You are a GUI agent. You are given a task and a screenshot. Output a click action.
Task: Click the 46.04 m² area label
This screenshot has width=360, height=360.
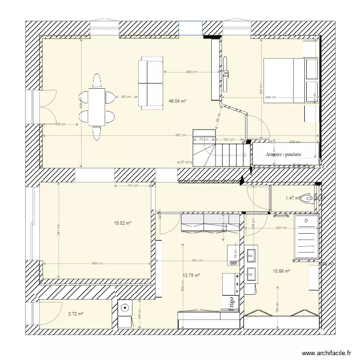(177, 101)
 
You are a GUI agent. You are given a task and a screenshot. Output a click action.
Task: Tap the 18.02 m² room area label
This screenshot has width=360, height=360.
(122, 223)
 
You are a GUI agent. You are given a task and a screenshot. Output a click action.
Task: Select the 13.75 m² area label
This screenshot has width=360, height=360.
(191, 276)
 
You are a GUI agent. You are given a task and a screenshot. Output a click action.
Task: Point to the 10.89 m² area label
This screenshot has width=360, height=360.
(281, 271)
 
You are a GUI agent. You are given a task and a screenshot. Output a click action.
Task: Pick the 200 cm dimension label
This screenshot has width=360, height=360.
(191, 72)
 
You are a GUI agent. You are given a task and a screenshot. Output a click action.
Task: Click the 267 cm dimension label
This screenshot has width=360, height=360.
(281, 228)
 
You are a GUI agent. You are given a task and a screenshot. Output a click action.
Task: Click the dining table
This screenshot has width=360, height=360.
(97, 106)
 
